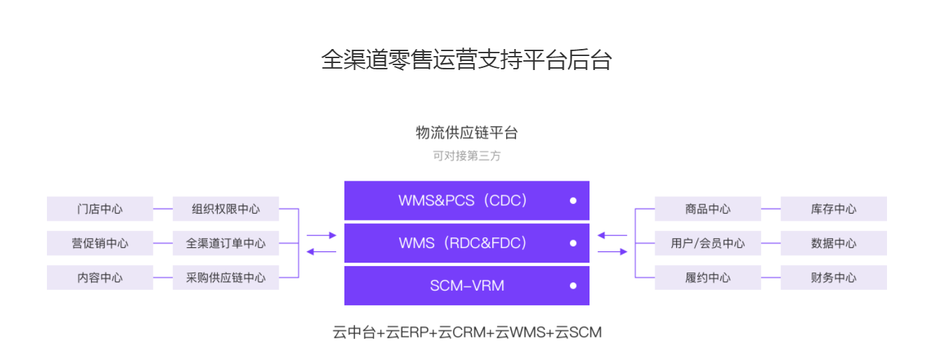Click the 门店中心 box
(x=99, y=209)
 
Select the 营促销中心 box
(x=99, y=243)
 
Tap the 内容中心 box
(x=99, y=277)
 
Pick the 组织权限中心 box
(x=225, y=209)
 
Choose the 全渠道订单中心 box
(x=225, y=243)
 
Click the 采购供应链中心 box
(x=225, y=277)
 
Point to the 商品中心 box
(x=707, y=209)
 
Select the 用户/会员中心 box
(x=707, y=243)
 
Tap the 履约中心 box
(x=707, y=277)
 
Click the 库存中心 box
(x=833, y=209)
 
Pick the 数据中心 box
(x=833, y=243)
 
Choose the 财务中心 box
(x=833, y=277)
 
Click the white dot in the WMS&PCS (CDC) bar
(x=573, y=201)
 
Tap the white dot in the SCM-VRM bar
(x=573, y=286)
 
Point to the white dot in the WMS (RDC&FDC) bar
(x=573, y=244)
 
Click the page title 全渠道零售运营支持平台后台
(x=466, y=60)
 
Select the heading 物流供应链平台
(x=466, y=132)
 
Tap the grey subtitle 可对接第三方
(x=466, y=155)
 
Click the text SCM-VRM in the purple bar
(x=466, y=286)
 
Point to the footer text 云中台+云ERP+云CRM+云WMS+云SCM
(x=467, y=332)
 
